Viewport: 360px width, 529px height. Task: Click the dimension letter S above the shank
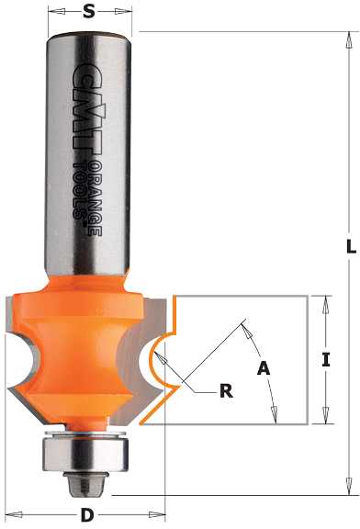coord(88,12)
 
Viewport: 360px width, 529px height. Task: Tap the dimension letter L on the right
coord(351,247)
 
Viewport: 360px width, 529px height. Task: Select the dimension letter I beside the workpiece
coord(326,360)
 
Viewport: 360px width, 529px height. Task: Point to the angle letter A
coord(264,367)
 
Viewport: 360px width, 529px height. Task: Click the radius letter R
coord(227,391)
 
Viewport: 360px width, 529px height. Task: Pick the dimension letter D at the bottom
coord(87,515)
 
